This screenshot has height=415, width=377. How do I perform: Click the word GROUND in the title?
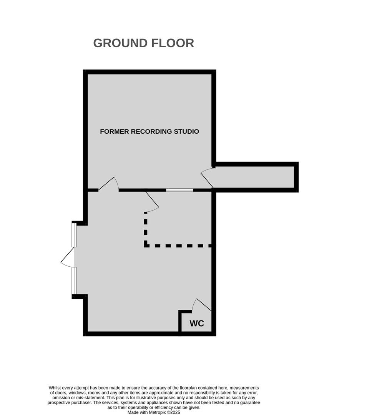coord(120,43)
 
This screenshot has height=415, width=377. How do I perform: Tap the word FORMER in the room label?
coord(115,131)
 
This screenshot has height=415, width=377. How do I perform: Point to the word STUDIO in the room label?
coord(186,131)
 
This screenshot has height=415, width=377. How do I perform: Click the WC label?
coord(197,324)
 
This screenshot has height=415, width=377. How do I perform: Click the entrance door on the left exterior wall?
coord(68,257)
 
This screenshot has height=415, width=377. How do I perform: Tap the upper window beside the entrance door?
coord(74,235)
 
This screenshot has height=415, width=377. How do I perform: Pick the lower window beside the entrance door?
coord(74,281)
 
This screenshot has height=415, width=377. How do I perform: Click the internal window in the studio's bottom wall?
coord(179,190)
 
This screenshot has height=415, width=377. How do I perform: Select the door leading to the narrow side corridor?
coord(207,177)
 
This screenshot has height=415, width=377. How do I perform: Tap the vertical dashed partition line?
coord(146,229)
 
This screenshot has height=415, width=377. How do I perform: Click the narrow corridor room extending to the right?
coord(255,177)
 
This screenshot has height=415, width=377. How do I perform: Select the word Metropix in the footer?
coord(158,412)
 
